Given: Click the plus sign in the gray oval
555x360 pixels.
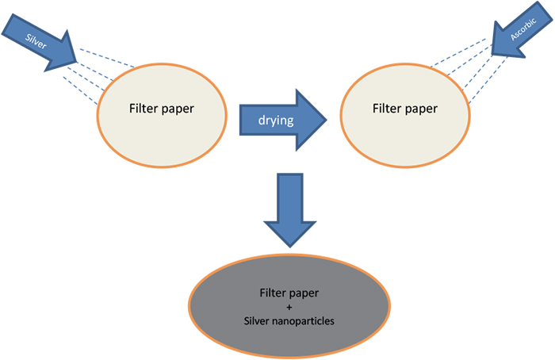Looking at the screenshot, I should [289, 305].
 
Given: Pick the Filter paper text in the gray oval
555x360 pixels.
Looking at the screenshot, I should [289, 293].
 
